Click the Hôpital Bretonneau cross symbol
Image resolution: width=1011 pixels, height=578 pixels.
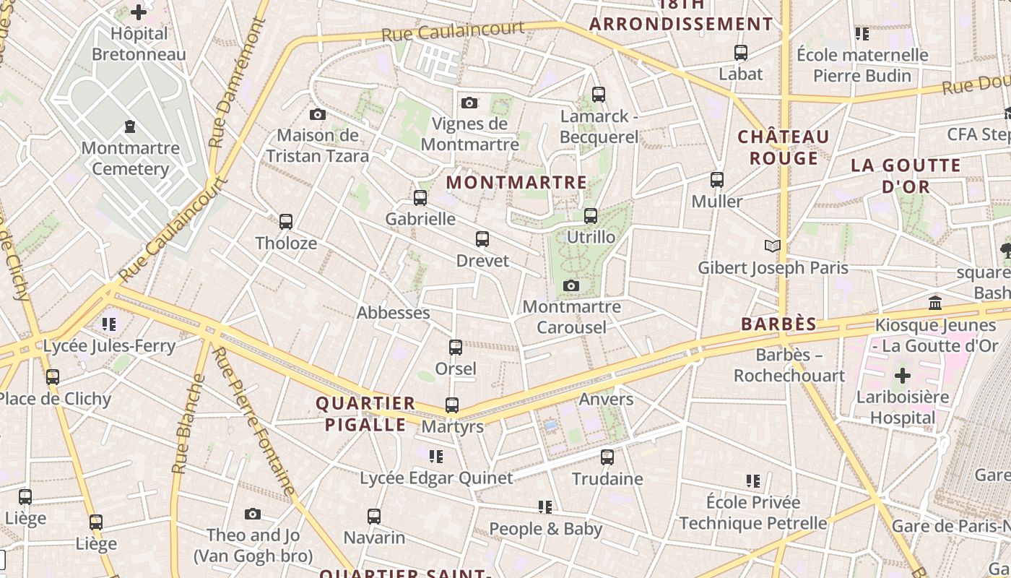point(139,12)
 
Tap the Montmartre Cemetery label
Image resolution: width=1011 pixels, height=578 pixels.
point(130,159)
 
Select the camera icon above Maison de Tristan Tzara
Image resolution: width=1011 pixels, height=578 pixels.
point(317,114)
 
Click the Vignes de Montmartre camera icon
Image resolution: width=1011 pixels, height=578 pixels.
point(469,103)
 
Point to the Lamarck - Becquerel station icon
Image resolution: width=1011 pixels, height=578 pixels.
point(598,94)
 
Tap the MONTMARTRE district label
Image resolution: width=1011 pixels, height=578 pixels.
point(516,182)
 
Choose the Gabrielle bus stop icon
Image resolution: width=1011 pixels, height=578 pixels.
point(420,198)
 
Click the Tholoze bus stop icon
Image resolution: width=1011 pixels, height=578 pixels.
point(286,222)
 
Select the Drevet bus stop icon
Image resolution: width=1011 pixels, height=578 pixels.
point(482,239)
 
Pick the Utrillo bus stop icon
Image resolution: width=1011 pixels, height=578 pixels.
point(591,216)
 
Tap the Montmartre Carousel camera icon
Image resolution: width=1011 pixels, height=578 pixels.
point(571,286)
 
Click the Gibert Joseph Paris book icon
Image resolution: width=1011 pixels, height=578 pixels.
point(773,246)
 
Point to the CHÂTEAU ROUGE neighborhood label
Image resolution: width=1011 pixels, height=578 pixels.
point(784,147)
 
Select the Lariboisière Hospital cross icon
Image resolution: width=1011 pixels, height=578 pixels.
point(903,376)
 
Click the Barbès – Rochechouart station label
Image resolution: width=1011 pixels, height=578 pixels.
point(789,366)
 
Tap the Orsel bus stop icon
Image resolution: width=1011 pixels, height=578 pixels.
point(456,348)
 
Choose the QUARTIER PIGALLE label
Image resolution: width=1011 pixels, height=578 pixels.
point(365,414)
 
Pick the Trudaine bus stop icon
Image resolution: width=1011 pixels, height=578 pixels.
point(607,457)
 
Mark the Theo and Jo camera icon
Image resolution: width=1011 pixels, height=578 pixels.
point(253,514)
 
